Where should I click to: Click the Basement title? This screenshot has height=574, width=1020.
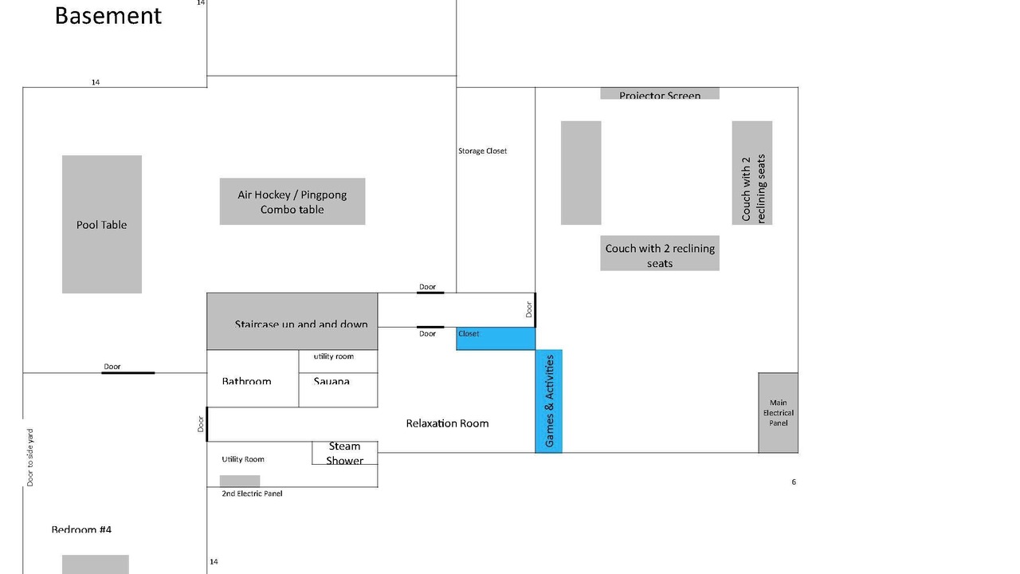[x=108, y=15]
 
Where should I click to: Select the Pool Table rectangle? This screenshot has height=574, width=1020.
[x=102, y=224]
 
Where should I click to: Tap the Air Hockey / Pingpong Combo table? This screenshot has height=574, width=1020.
[x=292, y=201]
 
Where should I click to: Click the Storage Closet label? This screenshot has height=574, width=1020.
[x=482, y=151]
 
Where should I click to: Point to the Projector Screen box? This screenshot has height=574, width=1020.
[x=660, y=94]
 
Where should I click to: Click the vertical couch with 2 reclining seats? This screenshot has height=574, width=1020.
[x=752, y=173]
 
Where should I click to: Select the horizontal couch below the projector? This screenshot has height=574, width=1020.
[x=660, y=253]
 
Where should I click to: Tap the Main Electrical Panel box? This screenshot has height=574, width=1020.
[x=778, y=413]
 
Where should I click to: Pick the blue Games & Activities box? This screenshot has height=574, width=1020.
[x=548, y=401]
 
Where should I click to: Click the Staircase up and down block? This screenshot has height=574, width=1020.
[x=292, y=321]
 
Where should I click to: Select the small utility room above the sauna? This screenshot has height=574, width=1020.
[x=338, y=361]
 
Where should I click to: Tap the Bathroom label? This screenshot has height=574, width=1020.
[x=246, y=382]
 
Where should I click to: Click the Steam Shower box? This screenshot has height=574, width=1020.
[x=344, y=453]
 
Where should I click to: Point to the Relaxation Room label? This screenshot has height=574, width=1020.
[x=447, y=423]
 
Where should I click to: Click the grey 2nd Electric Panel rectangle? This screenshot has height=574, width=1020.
[x=240, y=481]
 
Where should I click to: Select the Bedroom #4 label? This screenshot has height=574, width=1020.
[x=81, y=529]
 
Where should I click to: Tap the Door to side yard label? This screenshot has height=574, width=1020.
[x=30, y=458]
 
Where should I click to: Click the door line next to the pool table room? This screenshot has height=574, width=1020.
[x=127, y=372]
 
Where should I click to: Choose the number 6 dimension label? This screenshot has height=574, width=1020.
[x=794, y=482]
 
